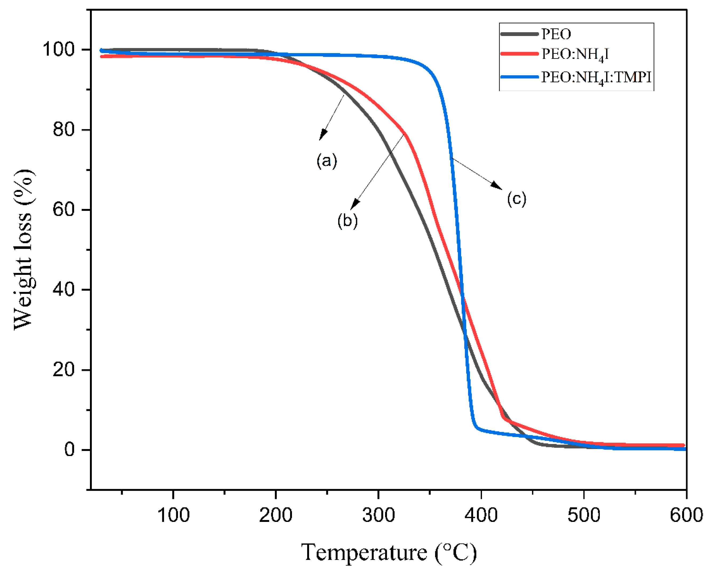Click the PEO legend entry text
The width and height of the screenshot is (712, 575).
click(556, 34)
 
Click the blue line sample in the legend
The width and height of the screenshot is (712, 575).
click(519, 77)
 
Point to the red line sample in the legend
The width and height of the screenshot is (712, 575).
click(519, 54)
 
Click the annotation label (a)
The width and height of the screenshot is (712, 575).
click(327, 161)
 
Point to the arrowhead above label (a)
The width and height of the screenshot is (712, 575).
click(322, 135)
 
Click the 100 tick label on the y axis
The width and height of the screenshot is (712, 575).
click(59, 50)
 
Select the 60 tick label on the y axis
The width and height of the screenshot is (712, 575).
click(64, 210)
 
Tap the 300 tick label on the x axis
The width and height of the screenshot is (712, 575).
click(378, 515)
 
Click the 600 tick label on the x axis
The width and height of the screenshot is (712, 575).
click(686, 515)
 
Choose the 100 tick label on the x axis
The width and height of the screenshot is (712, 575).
click(173, 515)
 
